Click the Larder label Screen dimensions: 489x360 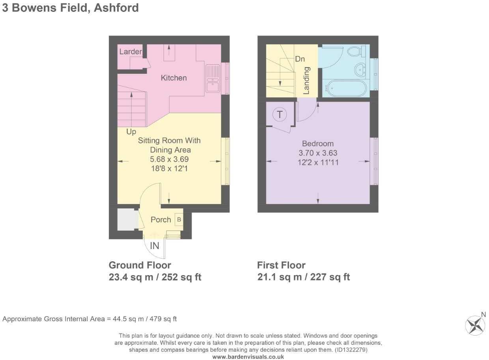click(131, 52)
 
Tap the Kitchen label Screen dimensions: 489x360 click(174, 78)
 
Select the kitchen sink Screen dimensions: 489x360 click(213, 79)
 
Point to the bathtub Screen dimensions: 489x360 click(346, 88)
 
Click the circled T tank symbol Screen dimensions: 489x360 click(280, 114)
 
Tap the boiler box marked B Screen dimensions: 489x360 click(179, 219)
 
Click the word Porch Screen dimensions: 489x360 click(161, 219)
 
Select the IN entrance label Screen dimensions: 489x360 click(155, 246)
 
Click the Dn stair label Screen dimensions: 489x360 click(300, 59)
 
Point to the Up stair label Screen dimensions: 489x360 click(131, 131)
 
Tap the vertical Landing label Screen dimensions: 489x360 click(306, 81)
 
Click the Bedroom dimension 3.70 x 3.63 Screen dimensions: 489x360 click(318, 153)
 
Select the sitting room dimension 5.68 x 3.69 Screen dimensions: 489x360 click(169, 159)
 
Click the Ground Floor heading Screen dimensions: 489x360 click(140, 265)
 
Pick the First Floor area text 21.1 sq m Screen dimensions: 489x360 click(280, 277)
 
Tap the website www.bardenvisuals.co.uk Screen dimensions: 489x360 click(248, 357)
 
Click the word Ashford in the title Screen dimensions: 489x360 click(116, 7)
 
